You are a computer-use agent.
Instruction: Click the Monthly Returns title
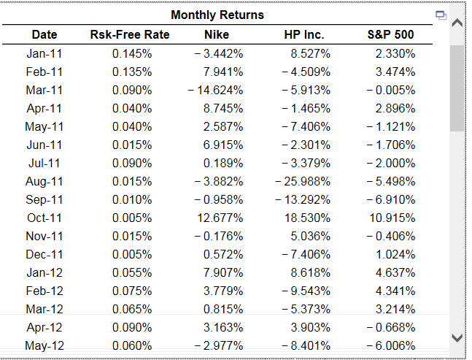217,15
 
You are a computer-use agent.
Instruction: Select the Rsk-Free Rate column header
129,34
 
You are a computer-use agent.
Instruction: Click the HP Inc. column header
304,34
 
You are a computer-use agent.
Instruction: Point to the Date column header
45,34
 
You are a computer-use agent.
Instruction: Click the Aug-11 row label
45,181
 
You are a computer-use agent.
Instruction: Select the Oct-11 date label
45,218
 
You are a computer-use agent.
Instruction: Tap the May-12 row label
45,345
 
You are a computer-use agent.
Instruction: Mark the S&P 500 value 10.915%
392,218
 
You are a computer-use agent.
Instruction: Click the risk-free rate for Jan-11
132,53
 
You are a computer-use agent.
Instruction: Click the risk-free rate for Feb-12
132,291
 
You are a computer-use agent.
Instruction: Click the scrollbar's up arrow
457,24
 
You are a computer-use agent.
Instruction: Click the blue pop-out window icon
440,15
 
